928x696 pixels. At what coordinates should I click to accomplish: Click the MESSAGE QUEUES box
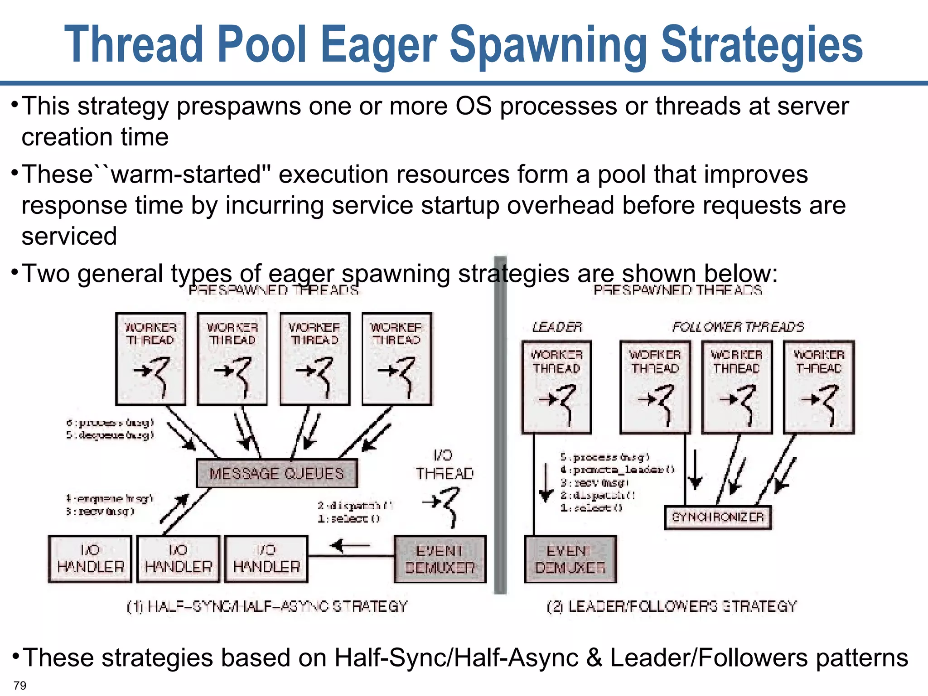click(276, 474)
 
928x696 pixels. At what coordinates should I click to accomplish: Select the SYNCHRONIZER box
click(718, 517)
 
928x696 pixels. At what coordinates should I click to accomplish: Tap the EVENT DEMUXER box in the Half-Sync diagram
click(440, 559)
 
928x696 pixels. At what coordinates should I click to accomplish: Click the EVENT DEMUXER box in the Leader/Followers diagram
click(570, 559)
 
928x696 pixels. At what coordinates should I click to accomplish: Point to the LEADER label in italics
click(557, 327)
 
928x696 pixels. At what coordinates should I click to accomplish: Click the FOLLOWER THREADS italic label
click(738, 327)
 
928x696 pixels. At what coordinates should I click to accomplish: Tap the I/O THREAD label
click(445, 464)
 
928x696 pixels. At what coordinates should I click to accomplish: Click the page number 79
click(20, 685)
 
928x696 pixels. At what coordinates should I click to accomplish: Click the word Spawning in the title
click(548, 44)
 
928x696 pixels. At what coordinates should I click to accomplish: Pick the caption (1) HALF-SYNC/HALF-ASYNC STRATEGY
click(267, 606)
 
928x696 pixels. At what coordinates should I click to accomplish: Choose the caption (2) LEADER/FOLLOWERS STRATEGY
click(672, 606)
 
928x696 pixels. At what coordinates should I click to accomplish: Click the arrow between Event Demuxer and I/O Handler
click(350, 546)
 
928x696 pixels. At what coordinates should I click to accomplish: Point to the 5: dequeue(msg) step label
click(110, 435)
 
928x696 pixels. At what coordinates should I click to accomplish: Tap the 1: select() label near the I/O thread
click(348, 519)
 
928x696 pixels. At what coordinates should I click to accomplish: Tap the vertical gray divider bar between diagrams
click(500, 426)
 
